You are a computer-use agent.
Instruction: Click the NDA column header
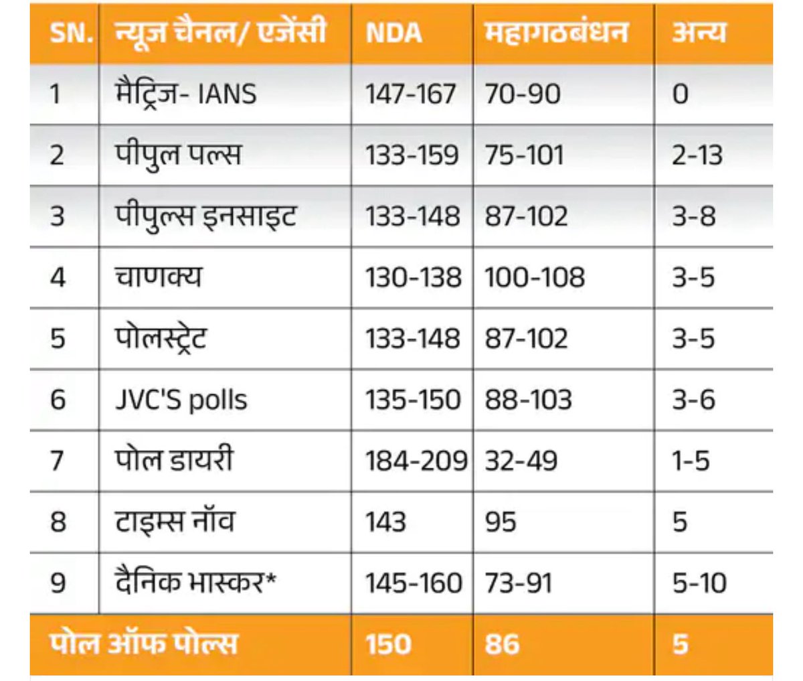click(394, 32)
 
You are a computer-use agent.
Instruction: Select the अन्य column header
click(699, 32)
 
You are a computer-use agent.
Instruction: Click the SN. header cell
click(70, 32)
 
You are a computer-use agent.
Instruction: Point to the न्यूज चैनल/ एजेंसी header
click(220, 32)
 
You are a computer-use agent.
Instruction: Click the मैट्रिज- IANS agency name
click(185, 93)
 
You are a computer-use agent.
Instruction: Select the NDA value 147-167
click(410, 94)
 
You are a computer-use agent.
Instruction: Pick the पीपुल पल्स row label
click(177, 155)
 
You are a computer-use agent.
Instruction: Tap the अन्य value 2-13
click(697, 155)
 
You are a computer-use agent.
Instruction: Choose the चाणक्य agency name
click(158, 277)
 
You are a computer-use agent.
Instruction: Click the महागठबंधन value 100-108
click(534, 277)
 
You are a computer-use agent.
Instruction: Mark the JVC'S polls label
click(181, 400)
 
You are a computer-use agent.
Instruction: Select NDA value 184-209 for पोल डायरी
click(416, 461)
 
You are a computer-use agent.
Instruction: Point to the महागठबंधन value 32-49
click(521, 461)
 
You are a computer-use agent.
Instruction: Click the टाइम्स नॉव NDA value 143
click(385, 522)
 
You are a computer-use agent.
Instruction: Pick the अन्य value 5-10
click(699, 583)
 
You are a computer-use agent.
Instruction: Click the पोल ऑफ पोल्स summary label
click(144, 644)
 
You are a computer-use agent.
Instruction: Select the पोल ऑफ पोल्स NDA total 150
click(388, 644)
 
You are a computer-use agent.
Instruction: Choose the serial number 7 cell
click(58, 461)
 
